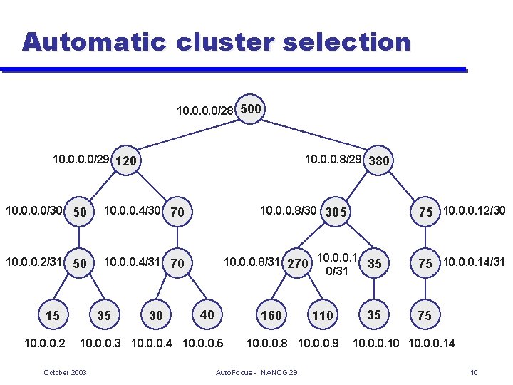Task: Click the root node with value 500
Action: click(252, 109)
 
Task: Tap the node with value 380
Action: click(378, 160)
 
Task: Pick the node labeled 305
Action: click(335, 212)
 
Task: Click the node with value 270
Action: click(297, 264)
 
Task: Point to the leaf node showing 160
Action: click(271, 315)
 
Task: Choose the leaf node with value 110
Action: click(322, 315)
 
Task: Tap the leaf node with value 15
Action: click(52, 315)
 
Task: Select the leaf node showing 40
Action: click(207, 314)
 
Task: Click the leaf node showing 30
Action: click(155, 315)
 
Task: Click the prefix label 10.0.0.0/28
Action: click(204, 111)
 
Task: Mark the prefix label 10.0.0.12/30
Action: click(474, 210)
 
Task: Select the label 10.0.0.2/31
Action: click(33, 262)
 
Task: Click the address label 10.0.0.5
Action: click(203, 344)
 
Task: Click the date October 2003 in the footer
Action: click(65, 373)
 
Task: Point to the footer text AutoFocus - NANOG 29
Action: click(256, 373)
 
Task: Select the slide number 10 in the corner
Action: click(474, 373)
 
